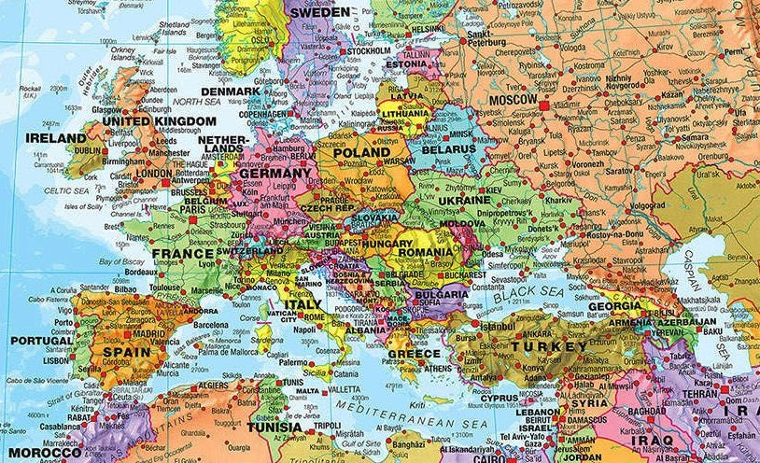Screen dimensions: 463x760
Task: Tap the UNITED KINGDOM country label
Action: (159, 121)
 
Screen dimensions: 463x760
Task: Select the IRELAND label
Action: (55, 137)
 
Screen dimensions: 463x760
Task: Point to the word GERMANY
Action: (274, 174)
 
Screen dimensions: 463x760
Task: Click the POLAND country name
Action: (362, 152)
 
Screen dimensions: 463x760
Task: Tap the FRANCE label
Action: (183, 253)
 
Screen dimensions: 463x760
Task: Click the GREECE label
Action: (413, 355)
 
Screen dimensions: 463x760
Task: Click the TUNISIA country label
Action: (274, 428)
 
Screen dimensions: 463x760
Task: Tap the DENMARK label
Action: (230, 91)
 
